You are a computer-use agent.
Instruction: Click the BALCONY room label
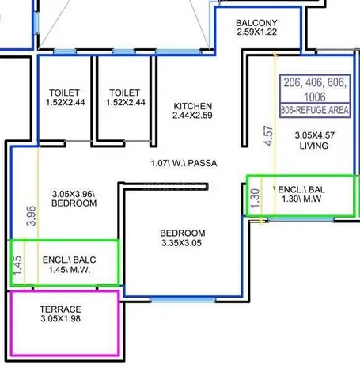256,23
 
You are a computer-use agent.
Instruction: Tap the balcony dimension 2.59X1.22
256,32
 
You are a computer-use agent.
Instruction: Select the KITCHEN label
193,106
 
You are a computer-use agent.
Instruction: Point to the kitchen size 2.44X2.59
192,116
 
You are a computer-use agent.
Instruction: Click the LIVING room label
314,146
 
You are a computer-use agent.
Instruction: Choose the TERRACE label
61,309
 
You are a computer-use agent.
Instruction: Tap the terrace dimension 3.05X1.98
61,318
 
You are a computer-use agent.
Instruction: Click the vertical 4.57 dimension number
268,135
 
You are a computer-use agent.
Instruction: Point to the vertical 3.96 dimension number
32,216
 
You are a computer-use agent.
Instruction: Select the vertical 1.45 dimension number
17,265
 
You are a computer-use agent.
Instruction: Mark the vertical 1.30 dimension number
255,199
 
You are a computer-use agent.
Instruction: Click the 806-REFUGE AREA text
315,110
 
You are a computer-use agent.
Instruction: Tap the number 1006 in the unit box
315,97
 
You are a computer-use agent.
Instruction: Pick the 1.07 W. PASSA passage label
184,163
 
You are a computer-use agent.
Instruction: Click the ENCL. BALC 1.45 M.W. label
70,264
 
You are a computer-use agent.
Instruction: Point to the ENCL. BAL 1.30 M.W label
301,194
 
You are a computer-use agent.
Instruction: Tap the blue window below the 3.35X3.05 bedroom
183,299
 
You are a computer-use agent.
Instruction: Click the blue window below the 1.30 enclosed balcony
301,219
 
